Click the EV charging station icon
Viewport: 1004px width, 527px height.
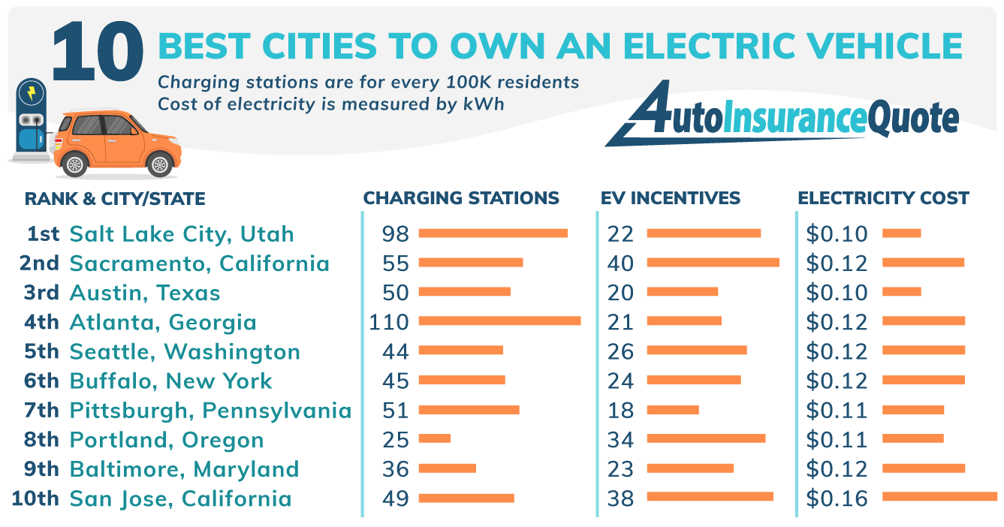(x=30, y=120)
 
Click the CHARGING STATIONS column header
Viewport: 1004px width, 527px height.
(x=461, y=199)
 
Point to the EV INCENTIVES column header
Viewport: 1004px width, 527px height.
(x=670, y=199)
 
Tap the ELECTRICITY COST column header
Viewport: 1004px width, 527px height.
(x=883, y=199)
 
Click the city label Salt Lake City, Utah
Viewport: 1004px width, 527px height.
(x=181, y=234)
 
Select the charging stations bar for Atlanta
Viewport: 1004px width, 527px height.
(x=499, y=321)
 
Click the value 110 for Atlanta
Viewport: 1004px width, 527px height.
(x=388, y=323)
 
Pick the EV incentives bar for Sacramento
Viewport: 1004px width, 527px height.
(x=713, y=263)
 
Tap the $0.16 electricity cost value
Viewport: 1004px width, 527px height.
(x=837, y=498)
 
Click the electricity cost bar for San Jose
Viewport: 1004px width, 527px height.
(x=939, y=496)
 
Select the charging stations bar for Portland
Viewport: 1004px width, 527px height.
(x=434, y=438)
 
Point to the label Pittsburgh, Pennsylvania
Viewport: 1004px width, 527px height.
(x=210, y=411)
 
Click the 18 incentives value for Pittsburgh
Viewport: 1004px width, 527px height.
(x=620, y=411)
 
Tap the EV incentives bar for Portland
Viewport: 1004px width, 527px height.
(x=706, y=438)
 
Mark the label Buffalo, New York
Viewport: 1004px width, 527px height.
(x=171, y=381)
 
